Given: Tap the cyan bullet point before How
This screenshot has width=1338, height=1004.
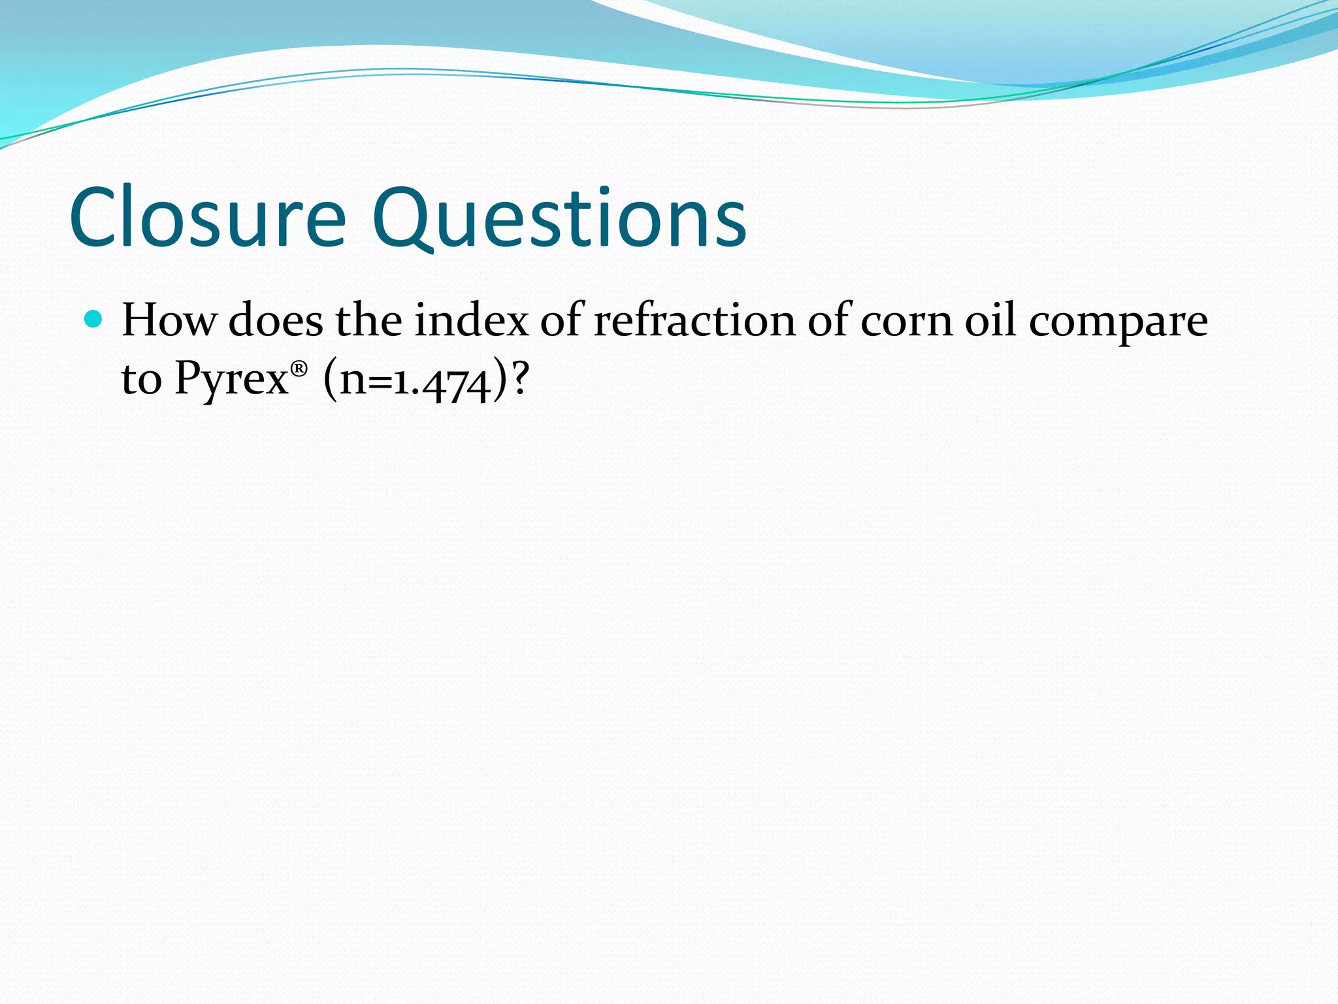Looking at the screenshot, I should click(94, 320).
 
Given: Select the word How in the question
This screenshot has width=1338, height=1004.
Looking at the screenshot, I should click(169, 320).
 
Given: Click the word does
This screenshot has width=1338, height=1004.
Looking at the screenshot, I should click(276, 320).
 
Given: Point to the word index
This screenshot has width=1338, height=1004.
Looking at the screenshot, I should click(472, 320).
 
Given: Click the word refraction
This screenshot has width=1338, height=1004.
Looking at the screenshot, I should click(694, 320).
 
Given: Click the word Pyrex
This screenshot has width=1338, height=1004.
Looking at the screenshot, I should click(231, 379).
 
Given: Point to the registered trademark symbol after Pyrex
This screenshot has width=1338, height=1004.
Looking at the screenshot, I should click(299, 369).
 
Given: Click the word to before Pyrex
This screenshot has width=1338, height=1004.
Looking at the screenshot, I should click(141, 379).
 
